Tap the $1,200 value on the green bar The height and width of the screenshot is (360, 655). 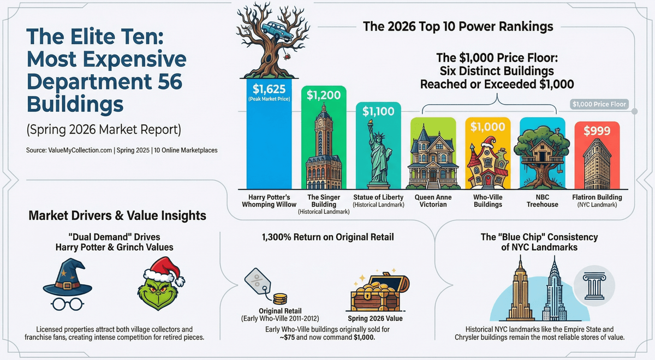[324, 95]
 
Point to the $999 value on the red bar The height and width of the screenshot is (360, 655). [597, 131]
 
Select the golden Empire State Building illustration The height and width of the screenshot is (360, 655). [519, 292]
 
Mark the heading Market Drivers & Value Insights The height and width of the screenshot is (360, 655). [117, 216]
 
